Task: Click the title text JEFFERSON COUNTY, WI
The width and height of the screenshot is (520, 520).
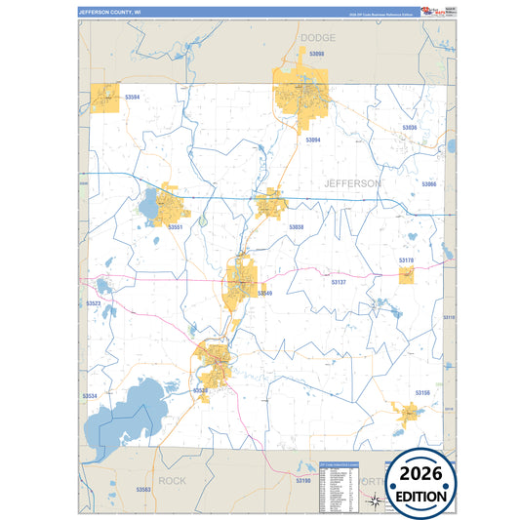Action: click(110, 13)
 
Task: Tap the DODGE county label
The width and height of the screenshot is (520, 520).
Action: click(317, 37)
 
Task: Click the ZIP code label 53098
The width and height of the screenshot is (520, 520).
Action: click(311, 54)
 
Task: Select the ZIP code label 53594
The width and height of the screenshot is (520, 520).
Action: click(133, 97)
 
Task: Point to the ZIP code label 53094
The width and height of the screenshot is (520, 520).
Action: click(313, 140)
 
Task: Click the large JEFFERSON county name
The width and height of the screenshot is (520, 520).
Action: click(352, 182)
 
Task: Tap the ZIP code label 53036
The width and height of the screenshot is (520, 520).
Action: click(410, 128)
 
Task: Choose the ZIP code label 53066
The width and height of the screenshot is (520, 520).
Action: click(429, 183)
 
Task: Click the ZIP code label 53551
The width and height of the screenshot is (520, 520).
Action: click(176, 226)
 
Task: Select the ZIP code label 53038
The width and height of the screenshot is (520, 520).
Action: click(296, 226)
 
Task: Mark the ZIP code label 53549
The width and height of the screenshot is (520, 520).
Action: click(264, 293)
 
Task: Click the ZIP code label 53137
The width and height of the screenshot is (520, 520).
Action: click(339, 282)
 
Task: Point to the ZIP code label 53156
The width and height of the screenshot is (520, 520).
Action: click(422, 392)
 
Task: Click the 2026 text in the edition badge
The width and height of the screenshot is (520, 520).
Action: click(421, 472)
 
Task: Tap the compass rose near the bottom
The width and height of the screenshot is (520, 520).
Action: click(376, 502)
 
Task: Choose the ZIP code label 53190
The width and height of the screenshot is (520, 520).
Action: click(302, 481)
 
